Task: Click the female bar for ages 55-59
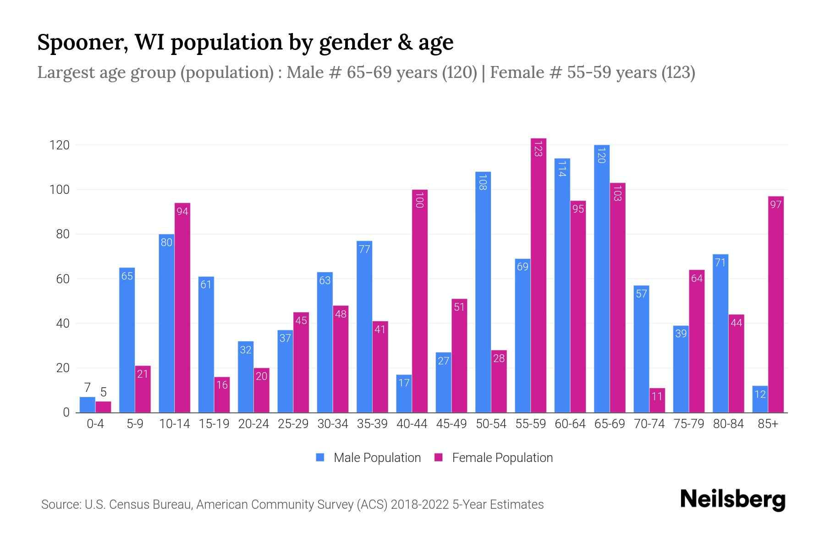(x=539, y=275)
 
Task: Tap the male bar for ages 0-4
(x=88, y=405)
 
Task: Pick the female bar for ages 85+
(x=776, y=304)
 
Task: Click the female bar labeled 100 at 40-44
(x=420, y=301)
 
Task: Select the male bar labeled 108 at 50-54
(x=483, y=292)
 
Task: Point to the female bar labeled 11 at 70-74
(x=657, y=401)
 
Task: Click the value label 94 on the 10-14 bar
(x=182, y=212)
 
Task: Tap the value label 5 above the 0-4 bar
(x=104, y=392)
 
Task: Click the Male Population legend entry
(x=368, y=458)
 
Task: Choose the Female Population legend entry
(x=494, y=458)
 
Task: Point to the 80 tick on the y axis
(x=60, y=234)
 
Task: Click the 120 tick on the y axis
(x=60, y=145)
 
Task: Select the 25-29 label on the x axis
(x=293, y=424)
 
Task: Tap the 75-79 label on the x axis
(x=689, y=424)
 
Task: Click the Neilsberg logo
(x=733, y=500)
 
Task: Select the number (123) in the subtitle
(x=678, y=72)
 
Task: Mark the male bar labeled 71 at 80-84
(x=720, y=333)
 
